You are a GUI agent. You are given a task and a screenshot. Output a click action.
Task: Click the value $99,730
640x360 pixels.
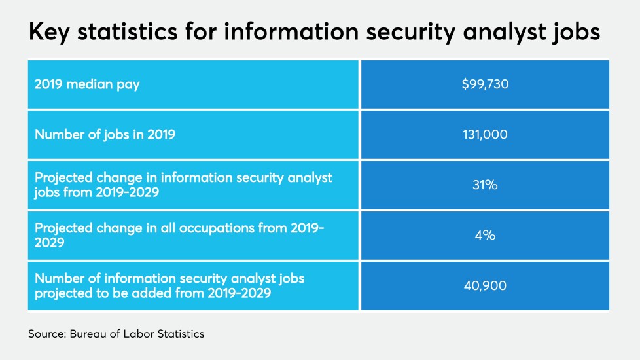click(485, 84)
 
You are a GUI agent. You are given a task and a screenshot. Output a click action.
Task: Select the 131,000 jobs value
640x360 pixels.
click(485, 135)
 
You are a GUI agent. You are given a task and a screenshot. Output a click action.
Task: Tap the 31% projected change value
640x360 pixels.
click(485, 185)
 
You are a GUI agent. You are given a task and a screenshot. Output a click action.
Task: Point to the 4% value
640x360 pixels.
click(485, 235)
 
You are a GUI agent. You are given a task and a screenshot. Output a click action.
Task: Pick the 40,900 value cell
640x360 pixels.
click(485, 285)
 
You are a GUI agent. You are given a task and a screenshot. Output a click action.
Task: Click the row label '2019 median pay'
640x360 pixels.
click(87, 84)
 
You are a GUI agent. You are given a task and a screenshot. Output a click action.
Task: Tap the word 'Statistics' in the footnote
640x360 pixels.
click(179, 334)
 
